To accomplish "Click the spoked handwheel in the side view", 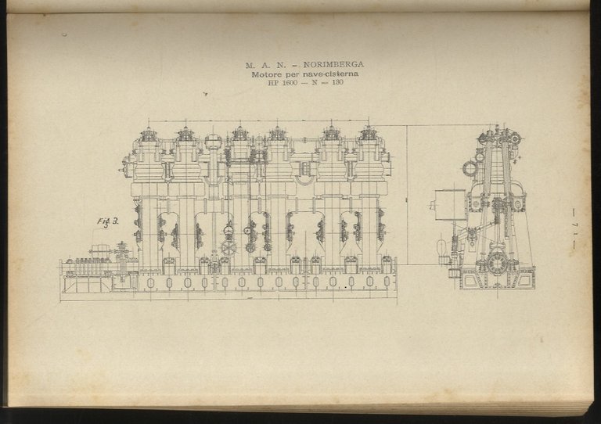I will click(229, 247).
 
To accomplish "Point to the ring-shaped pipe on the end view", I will click(470, 167).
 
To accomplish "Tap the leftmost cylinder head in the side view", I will click(148, 136).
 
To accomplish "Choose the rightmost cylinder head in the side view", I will click(369, 135).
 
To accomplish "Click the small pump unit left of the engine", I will click(100, 258).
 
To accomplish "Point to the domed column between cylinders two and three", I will click(212, 142).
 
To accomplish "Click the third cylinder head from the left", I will click(239, 135).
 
